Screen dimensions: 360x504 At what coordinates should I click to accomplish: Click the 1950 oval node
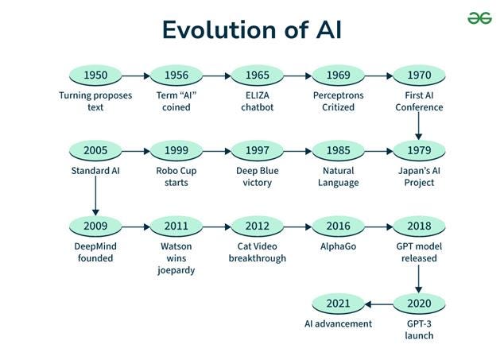coord(95,76)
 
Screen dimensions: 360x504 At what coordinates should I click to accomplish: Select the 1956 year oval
coord(176,76)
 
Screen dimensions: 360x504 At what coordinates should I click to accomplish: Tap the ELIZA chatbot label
coord(258,102)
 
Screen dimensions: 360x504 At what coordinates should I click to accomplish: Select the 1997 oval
coord(258,151)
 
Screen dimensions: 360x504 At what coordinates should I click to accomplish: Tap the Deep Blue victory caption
coord(258,176)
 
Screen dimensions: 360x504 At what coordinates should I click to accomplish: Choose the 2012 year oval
coord(258,226)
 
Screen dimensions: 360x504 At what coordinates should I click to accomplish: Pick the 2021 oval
coord(339,304)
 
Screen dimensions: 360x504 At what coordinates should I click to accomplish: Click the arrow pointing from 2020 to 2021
coord(378,304)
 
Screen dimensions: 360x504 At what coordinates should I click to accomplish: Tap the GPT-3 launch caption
coord(419,330)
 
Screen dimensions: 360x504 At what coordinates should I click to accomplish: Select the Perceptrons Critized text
coord(339,102)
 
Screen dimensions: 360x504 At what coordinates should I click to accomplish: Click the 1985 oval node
coord(339,151)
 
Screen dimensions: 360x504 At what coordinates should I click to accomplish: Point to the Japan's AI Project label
coord(419,176)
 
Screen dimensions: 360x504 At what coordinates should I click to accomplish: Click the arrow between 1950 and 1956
coord(136,76)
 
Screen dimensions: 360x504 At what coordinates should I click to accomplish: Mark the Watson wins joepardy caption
coord(176,257)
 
